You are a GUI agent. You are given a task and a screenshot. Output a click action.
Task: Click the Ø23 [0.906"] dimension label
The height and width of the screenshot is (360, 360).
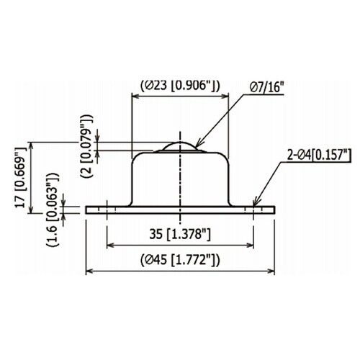pos(180,86)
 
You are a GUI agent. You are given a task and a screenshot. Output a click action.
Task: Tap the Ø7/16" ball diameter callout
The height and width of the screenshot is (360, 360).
pos(266,87)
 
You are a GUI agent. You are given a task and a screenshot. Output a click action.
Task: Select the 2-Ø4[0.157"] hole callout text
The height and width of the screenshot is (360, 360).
pos(320,155)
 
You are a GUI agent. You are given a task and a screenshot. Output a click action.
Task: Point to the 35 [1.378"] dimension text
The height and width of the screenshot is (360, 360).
pos(180,234)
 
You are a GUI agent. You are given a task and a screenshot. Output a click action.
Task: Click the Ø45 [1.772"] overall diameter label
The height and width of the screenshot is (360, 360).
pos(180,260)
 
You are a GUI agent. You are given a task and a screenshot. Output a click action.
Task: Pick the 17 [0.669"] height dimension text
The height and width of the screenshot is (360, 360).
pos(20,178)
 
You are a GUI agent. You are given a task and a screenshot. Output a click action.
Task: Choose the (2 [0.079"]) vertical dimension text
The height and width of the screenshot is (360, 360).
pos(86,146)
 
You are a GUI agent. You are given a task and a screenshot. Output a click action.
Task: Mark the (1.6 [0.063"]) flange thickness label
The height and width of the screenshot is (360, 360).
pos(53,210)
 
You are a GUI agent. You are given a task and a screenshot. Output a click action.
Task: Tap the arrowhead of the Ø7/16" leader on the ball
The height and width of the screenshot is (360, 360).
pos(199,143)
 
